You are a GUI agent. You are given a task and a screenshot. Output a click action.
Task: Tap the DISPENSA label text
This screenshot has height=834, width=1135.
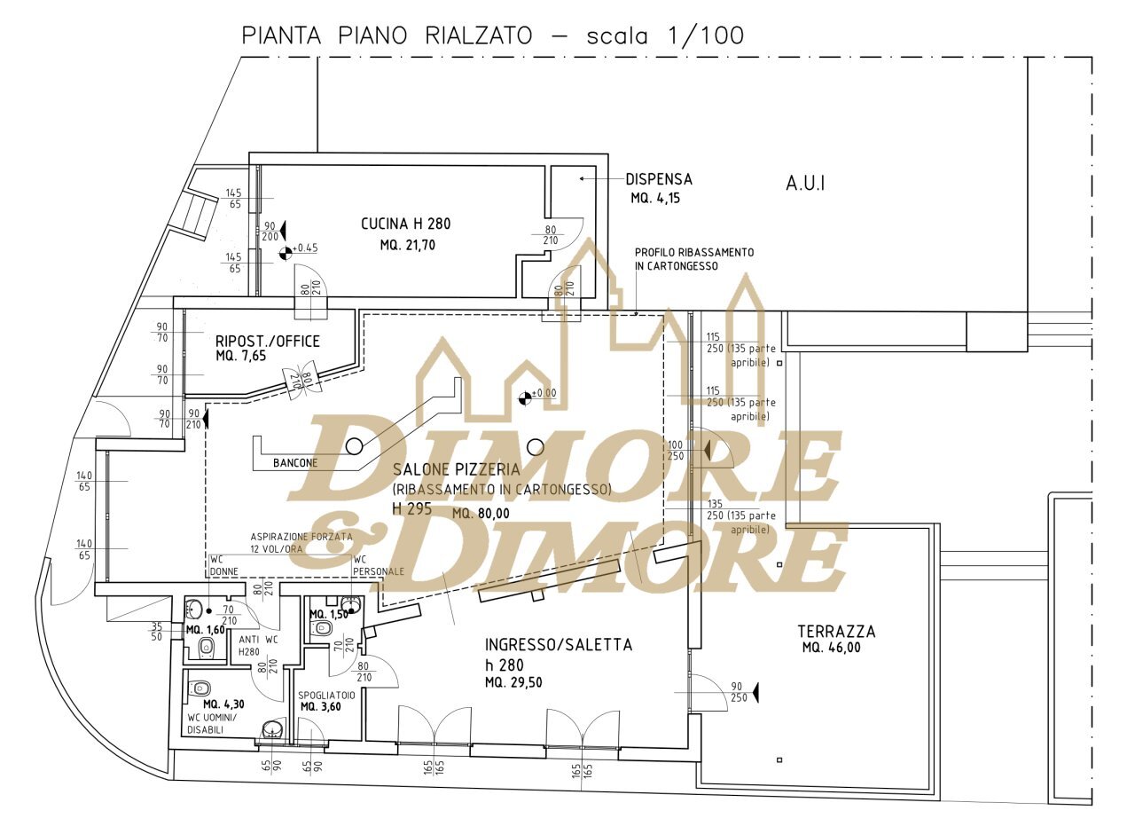(x=659, y=179)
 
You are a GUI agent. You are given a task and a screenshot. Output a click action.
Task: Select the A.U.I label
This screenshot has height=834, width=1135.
(x=805, y=184)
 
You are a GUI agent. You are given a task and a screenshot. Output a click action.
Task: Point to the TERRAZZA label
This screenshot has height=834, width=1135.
(x=836, y=632)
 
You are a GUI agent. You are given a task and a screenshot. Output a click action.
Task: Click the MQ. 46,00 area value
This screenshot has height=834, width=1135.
(x=831, y=648)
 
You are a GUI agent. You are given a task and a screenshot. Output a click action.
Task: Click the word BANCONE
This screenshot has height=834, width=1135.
(x=295, y=463)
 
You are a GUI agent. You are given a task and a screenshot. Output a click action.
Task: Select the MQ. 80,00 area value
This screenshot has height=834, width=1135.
(x=481, y=513)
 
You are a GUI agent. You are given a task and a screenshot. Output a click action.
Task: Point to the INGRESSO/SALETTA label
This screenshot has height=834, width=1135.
(x=559, y=645)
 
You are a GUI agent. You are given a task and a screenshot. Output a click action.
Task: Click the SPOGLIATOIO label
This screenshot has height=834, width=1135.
(x=326, y=696)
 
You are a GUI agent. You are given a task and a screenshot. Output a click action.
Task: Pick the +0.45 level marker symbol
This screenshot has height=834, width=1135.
(x=286, y=253)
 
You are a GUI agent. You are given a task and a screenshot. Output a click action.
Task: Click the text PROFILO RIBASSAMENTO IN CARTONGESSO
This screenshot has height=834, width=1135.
(x=694, y=259)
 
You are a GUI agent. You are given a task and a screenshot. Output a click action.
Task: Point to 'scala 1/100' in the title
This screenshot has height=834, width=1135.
(x=665, y=36)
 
